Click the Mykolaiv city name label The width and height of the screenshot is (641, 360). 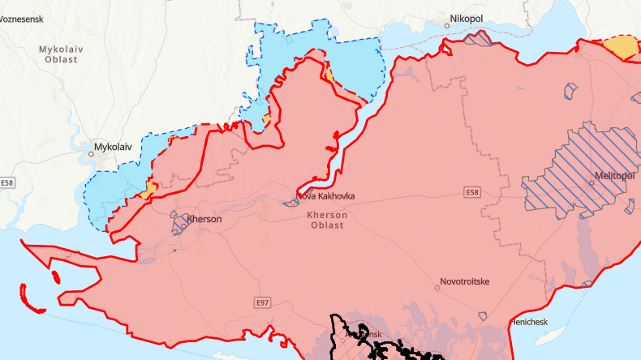112,147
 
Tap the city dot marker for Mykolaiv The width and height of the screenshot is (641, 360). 91,153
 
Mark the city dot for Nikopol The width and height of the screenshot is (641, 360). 447,25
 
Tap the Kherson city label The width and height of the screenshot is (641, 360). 204,218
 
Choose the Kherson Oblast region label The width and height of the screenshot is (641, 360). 328,220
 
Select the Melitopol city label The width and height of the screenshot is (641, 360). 614,176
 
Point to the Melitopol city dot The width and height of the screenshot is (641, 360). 592,182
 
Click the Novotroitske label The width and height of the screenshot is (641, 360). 464,282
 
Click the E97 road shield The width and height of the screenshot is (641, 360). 261,302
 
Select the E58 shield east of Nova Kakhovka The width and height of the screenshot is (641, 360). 473,192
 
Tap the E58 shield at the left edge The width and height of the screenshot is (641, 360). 7,183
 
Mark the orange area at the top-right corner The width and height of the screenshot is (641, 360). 623,47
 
